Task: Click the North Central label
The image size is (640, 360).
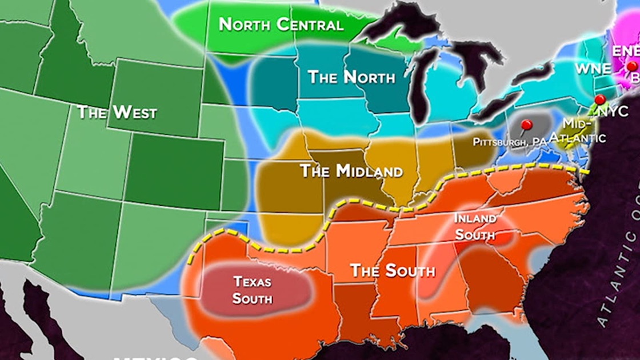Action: point(281,25)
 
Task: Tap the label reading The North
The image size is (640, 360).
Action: point(351,78)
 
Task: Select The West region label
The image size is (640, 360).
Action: point(117,112)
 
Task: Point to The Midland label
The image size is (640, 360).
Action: point(351,171)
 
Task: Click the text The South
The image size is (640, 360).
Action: point(392,270)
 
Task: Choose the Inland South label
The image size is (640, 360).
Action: point(475,226)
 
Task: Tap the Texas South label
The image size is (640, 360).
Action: point(252,290)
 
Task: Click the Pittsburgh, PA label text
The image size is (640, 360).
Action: point(506,141)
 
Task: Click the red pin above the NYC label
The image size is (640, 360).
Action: point(598,99)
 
